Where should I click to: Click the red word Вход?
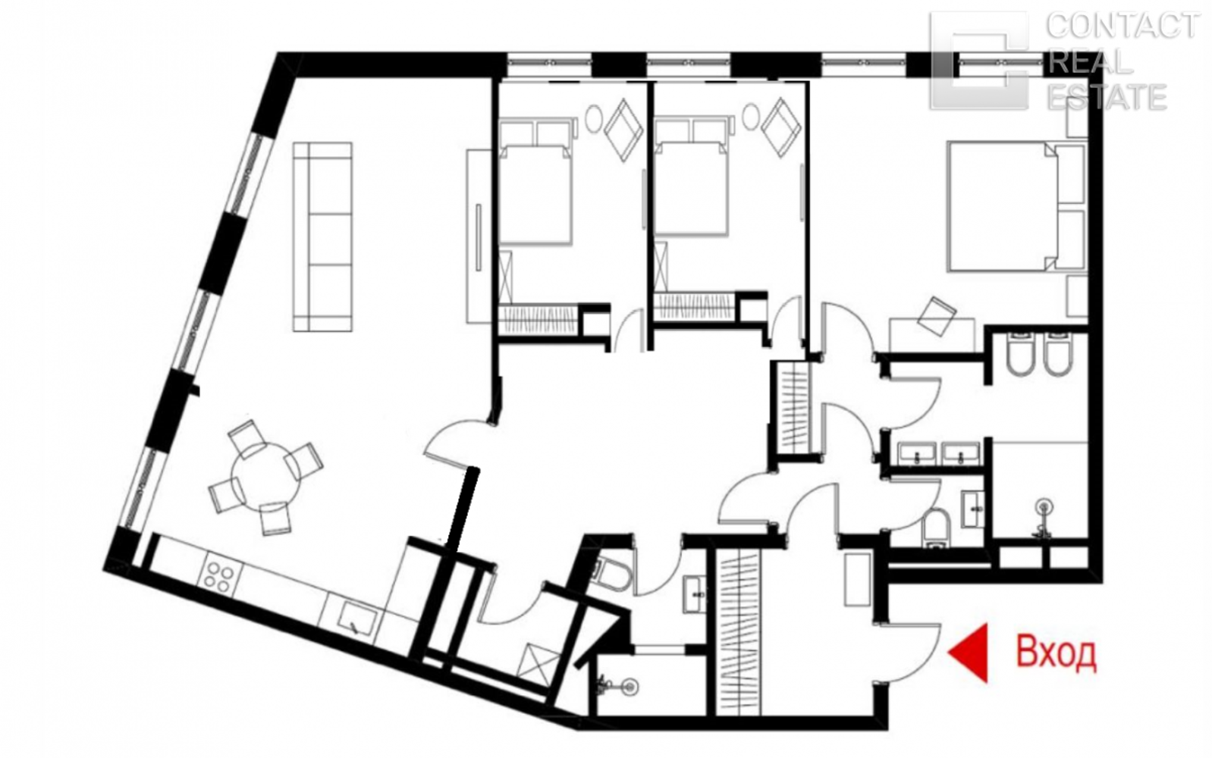click(1056, 653)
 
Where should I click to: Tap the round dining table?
click(265, 479)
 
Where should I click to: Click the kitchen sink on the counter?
click(358, 618)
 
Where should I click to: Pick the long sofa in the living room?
click(322, 236)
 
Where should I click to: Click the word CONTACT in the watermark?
click(1121, 26)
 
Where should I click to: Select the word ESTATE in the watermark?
click(1107, 97)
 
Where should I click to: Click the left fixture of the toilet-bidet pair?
click(1021, 356)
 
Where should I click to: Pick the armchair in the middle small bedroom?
click(780, 127)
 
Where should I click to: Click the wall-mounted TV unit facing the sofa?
click(479, 236)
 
